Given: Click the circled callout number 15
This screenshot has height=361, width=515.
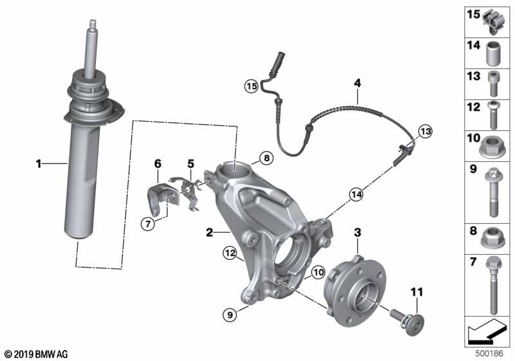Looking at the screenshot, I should (x=250, y=85).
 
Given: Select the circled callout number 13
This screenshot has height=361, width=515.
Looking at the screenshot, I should (x=424, y=132).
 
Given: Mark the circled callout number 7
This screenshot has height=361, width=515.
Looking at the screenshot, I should (x=147, y=224).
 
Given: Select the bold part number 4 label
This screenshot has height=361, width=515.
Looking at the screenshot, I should (x=357, y=83).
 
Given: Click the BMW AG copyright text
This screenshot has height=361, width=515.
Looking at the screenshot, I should (x=35, y=354).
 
